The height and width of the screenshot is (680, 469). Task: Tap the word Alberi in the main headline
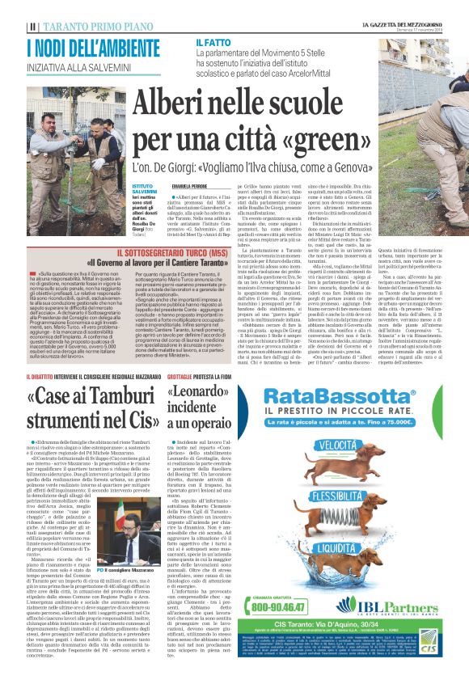click(176, 103)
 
